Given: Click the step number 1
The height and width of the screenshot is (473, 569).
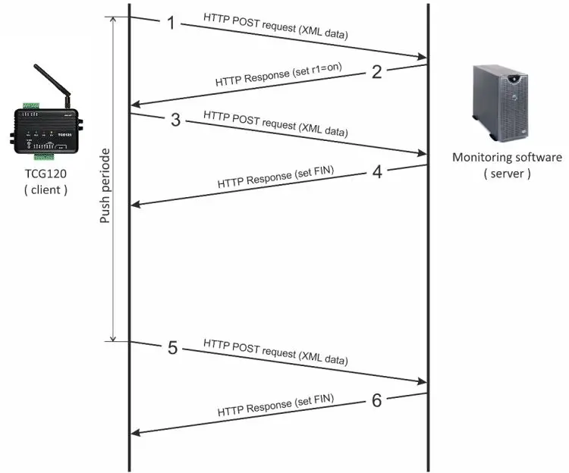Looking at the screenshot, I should (171, 23).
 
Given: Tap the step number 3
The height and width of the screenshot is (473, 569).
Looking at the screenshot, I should (175, 121).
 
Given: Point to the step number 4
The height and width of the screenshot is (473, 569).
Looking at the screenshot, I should (376, 171).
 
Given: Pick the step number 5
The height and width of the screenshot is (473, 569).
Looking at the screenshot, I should (172, 348).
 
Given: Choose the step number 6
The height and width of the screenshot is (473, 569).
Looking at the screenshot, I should (376, 399).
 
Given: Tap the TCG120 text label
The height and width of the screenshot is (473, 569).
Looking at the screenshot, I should (44, 175).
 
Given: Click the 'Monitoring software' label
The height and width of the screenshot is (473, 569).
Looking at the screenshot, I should (507, 158).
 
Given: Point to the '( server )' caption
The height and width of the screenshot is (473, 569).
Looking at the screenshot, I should (507, 174).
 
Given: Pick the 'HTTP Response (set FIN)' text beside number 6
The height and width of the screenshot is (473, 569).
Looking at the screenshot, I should (276, 406).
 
